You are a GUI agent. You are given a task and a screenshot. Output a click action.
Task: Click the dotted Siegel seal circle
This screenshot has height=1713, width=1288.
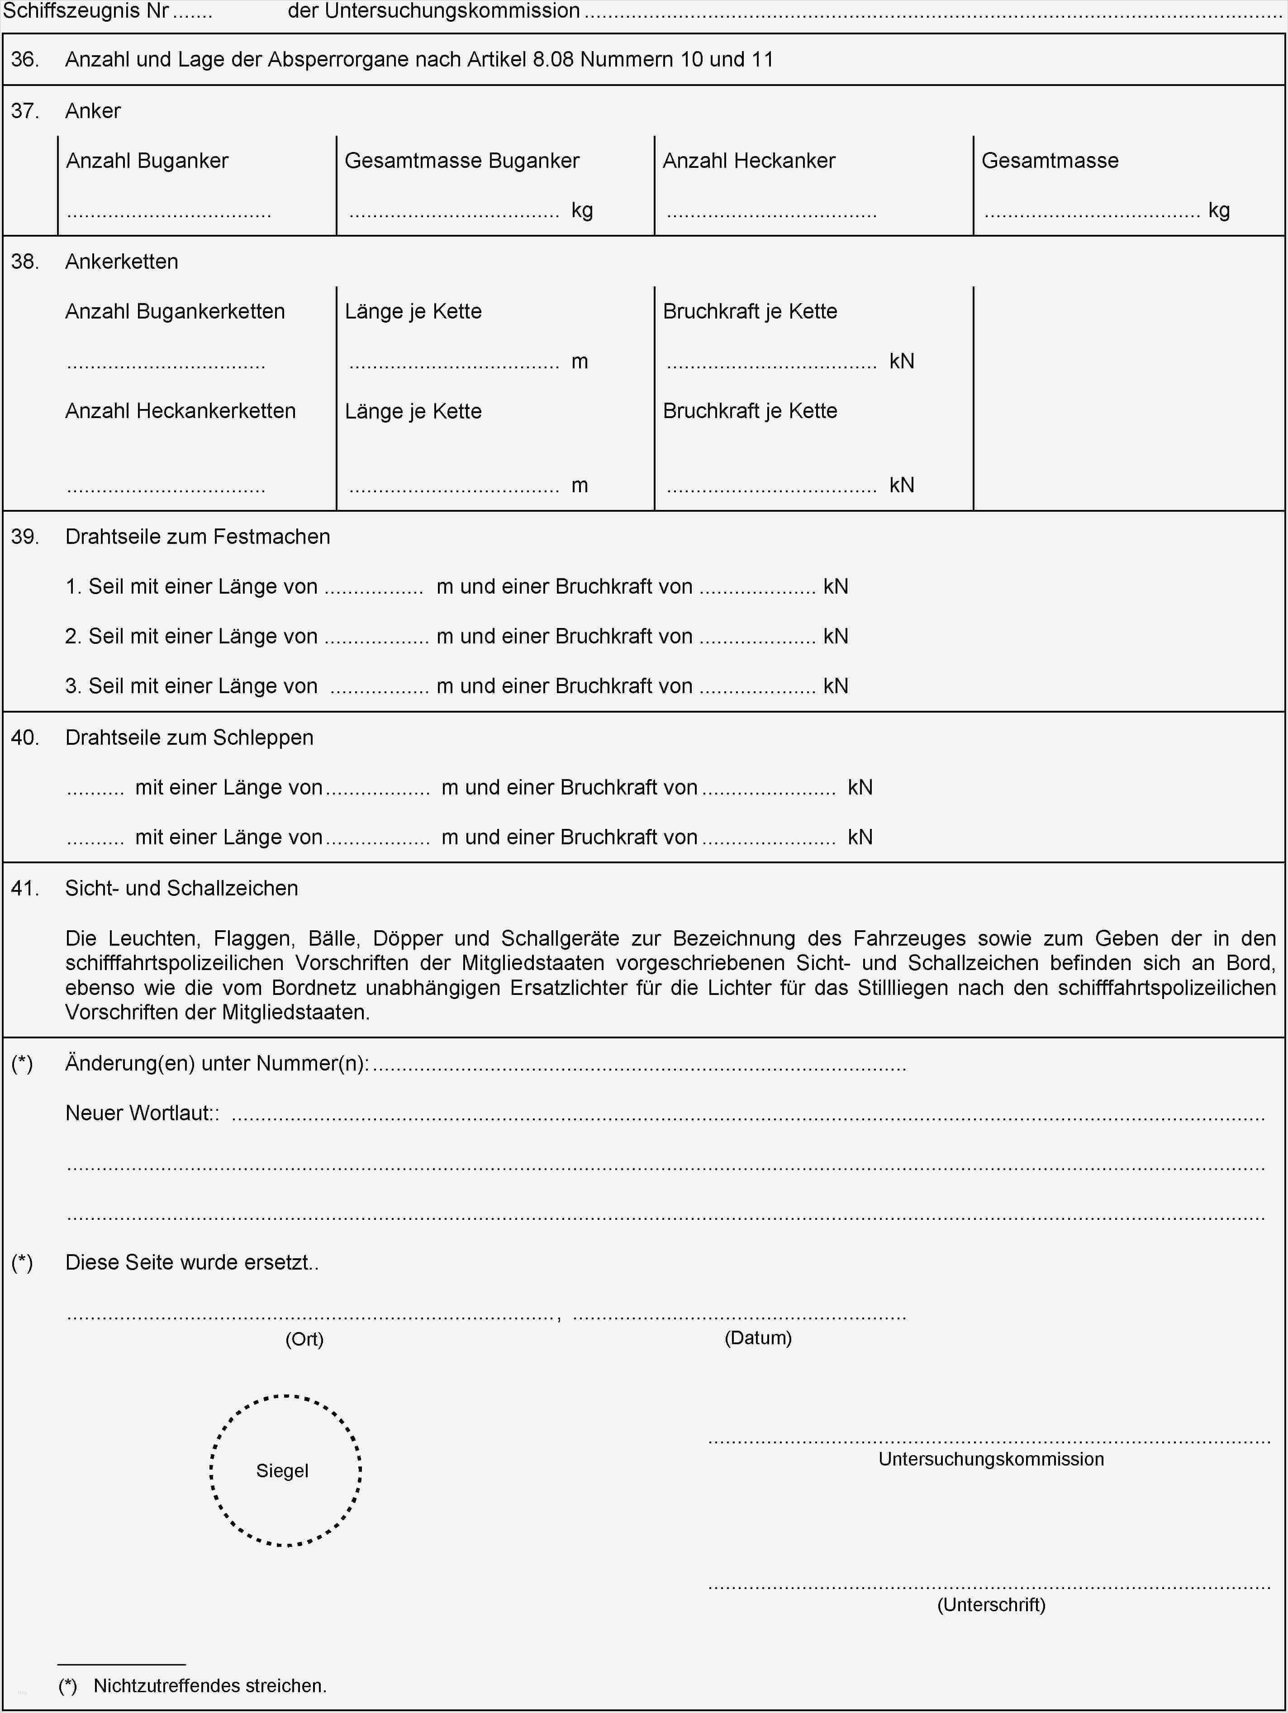pyautogui.click(x=285, y=1470)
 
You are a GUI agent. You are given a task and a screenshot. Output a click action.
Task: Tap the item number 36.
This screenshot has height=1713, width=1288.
pyautogui.click(x=25, y=60)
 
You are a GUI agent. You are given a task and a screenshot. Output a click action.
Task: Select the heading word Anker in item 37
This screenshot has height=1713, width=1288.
pyautogui.click(x=93, y=111)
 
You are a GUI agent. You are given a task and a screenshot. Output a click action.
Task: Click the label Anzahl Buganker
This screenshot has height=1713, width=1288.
pyautogui.click(x=147, y=161)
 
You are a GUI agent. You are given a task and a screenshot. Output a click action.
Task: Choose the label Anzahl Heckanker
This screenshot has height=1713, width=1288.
pyautogui.click(x=749, y=161)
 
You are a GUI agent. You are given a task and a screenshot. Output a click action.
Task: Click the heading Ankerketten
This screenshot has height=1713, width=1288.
pyautogui.click(x=122, y=262)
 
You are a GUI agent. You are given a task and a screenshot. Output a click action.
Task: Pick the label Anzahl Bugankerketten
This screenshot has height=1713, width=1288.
pyautogui.click(x=175, y=311)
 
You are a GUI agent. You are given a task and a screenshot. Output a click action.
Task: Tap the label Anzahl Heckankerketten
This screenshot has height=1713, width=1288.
pyautogui.click(x=181, y=411)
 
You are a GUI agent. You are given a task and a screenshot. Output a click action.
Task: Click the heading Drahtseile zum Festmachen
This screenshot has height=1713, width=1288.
pyautogui.click(x=198, y=537)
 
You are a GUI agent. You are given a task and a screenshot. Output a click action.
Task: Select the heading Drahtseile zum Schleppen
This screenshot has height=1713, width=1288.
pyautogui.click(x=189, y=737)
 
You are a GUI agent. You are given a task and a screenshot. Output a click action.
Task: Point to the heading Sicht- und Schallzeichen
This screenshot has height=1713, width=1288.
pyautogui.click(x=181, y=888)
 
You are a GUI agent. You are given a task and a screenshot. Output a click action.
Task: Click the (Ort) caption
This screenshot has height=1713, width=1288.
pyautogui.click(x=304, y=1339)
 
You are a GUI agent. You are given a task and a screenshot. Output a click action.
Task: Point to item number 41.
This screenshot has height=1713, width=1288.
pyautogui.click(x=25, y=888)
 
